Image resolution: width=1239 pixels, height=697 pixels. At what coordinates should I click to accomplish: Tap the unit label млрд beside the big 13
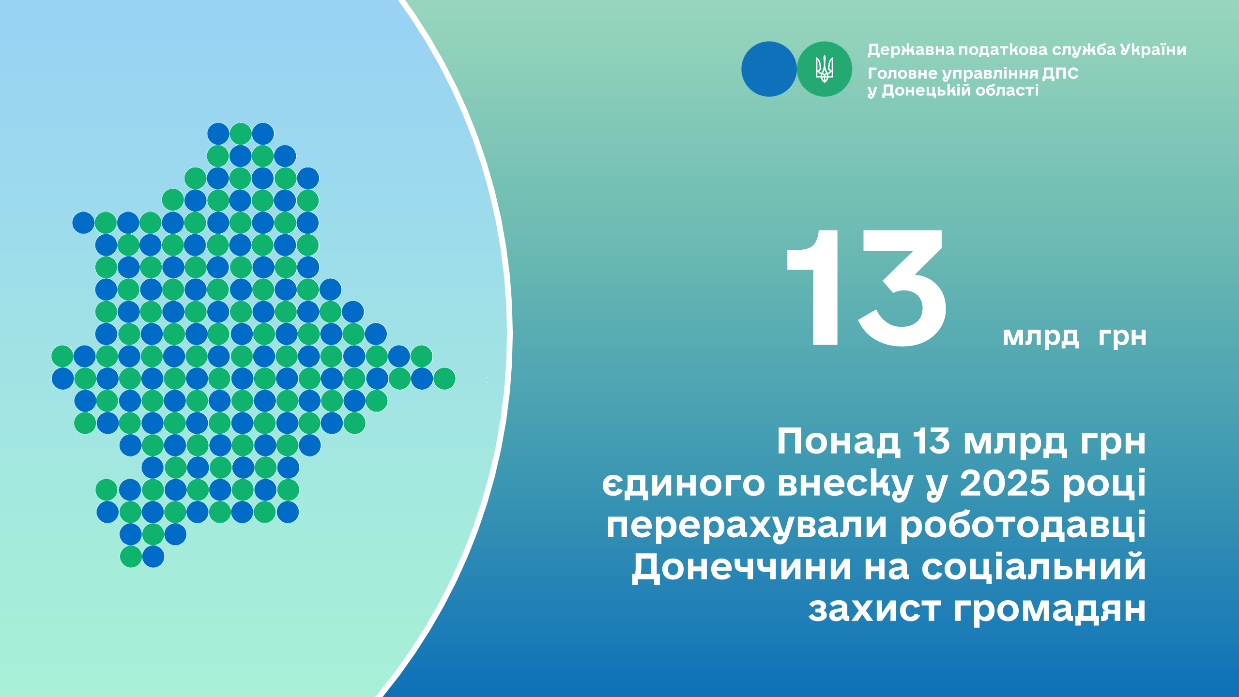point(1040,337)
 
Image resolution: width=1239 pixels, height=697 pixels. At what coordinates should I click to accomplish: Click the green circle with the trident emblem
point(824,69)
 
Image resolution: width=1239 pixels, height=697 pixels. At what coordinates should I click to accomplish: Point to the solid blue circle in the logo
point(769,69)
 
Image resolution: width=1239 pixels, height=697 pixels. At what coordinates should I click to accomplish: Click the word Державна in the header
point(911,50)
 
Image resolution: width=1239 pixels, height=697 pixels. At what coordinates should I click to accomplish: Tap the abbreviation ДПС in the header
point(1060,73)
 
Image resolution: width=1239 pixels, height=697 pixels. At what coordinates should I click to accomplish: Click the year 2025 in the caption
point(1005,484)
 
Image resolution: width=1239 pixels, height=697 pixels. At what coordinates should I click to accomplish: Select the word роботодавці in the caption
point(1023,526)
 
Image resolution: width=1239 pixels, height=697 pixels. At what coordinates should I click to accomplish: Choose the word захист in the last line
point(874,609)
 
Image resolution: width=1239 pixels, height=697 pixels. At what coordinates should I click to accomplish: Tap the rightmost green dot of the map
point(444,379)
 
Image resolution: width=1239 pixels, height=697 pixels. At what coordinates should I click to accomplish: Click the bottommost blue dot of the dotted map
point(153,557)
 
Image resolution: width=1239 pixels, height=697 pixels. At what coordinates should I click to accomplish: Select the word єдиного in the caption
point(683,485)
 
